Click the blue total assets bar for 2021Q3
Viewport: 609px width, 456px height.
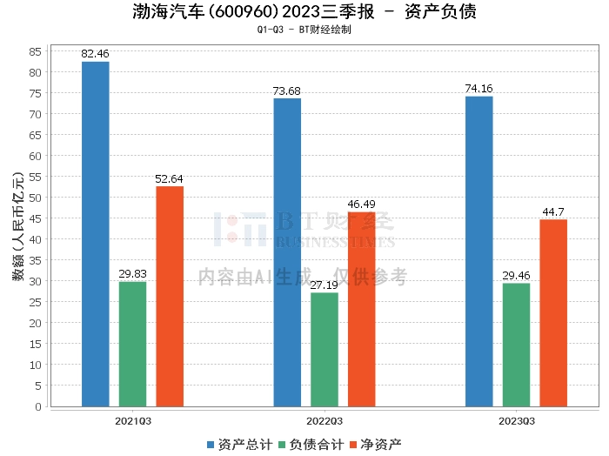coord(95,234)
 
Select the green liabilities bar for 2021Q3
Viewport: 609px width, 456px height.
coord(132,344)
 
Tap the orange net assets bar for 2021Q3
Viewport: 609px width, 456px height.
coord(170,296)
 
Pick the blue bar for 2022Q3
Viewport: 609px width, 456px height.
coord(287,252)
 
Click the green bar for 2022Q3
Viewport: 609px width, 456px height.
coord(325,349)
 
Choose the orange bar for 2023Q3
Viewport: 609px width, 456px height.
coord(553,312)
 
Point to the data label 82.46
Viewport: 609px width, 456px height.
coord(95,54)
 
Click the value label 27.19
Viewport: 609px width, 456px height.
coord(325,285)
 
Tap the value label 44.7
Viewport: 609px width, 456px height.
coord(553,211)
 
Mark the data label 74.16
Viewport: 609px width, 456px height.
coord(479,89)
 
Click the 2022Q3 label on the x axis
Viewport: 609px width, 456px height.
coord(325,421)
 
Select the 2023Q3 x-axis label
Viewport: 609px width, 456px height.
coord(516,421)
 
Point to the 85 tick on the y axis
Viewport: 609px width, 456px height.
coord(36,51)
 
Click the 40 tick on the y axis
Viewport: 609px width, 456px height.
coord(36,239)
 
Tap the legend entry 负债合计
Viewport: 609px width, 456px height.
coord(311,444)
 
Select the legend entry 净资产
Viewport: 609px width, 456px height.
coord(379,444)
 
